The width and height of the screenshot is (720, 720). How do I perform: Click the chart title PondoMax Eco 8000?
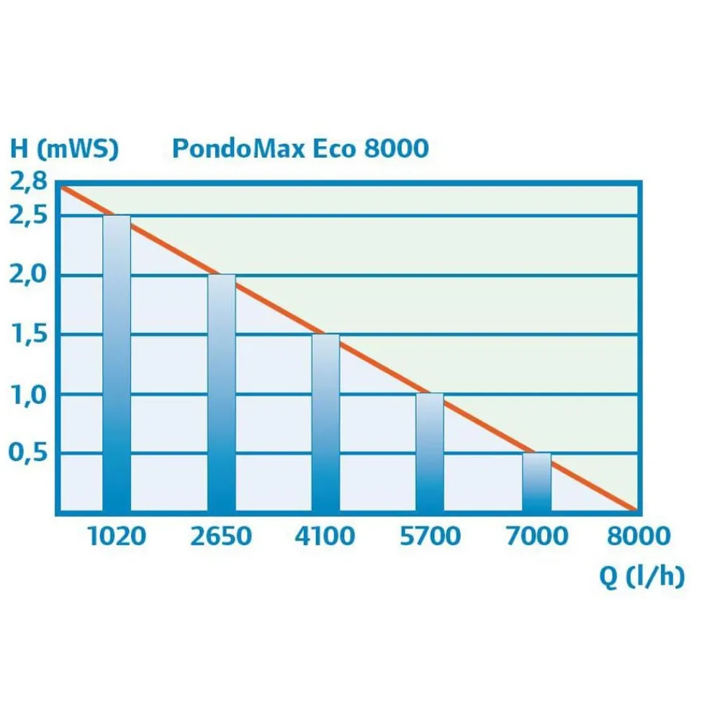point(300,148)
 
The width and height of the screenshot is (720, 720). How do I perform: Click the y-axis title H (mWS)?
point(64,148)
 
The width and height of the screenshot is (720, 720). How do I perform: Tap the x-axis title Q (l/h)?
point(642,576)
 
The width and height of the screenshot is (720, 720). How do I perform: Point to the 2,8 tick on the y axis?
point(29,182)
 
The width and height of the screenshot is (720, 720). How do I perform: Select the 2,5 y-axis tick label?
point(29,215)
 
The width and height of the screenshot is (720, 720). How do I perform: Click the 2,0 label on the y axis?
point(29,274)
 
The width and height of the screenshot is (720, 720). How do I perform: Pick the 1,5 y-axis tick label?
point(30,334)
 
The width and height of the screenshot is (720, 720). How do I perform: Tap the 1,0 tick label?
point(29,395)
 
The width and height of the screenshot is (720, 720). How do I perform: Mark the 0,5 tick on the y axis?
point(29,453)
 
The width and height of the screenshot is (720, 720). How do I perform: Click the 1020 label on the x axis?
point(117,536)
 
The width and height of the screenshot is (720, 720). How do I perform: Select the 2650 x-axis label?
point(221,536)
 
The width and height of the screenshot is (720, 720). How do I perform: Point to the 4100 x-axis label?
point(325,536)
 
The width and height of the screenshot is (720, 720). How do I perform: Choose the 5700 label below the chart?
point(431,536)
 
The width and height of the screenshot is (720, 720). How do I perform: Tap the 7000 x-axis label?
point(537,536)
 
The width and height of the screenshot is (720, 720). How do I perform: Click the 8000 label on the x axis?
point(639,536)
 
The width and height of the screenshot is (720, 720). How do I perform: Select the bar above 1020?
point(117,363)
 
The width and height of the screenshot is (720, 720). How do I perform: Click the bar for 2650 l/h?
point(222,392)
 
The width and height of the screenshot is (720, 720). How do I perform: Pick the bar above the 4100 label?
point(326,423)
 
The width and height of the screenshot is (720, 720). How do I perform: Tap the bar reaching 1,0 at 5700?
point(431,452)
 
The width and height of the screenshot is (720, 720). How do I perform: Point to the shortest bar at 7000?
point(537,482)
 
